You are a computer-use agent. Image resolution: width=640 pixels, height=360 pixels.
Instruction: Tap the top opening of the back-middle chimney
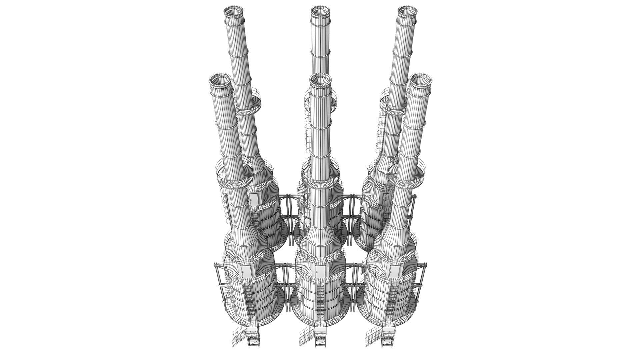point(320,12)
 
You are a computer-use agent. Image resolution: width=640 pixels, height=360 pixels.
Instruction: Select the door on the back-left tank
point(254,199)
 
